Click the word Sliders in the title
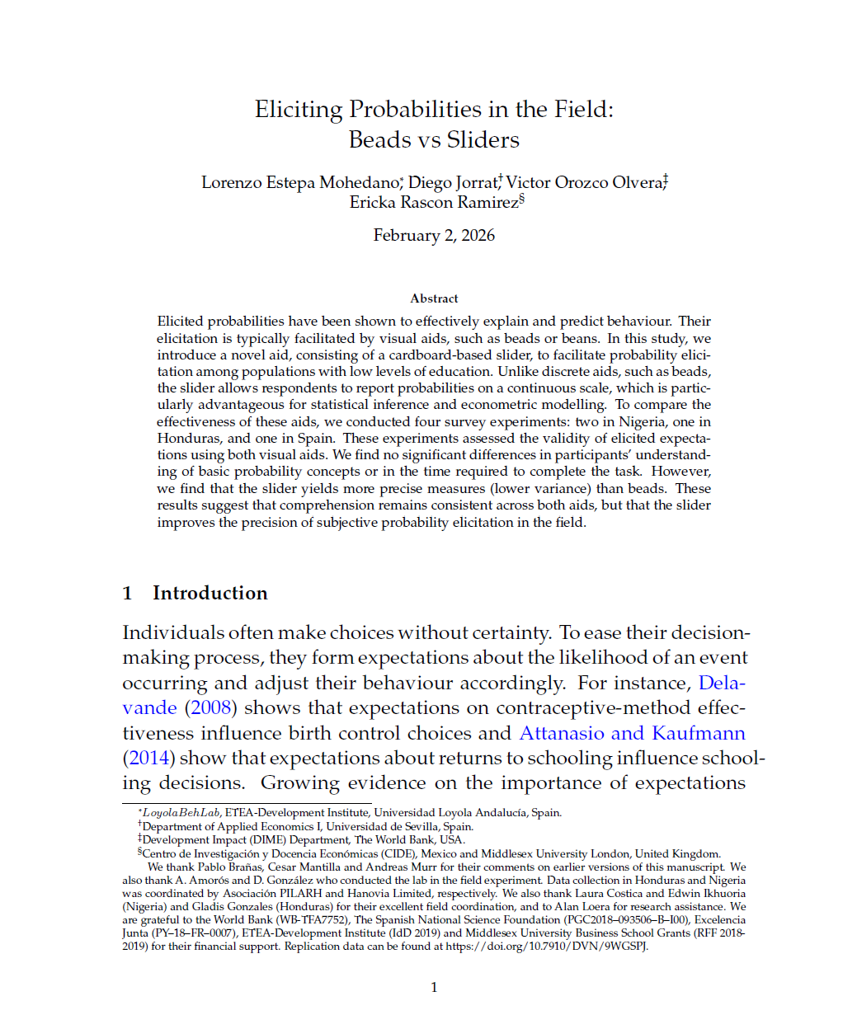(x=483, y=140)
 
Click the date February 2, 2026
(x=434, y=236)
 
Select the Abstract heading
(x=434, y=298)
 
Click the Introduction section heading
(x=210, y=594)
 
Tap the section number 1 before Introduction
(x=127, y=594)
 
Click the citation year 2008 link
(x=211, y=708)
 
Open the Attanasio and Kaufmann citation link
(x=632, y=734)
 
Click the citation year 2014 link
(x=148, y=759)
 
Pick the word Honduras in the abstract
(x=190, y=439)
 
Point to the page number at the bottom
(x=434, y=987)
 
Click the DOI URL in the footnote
(x=546, y=947)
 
